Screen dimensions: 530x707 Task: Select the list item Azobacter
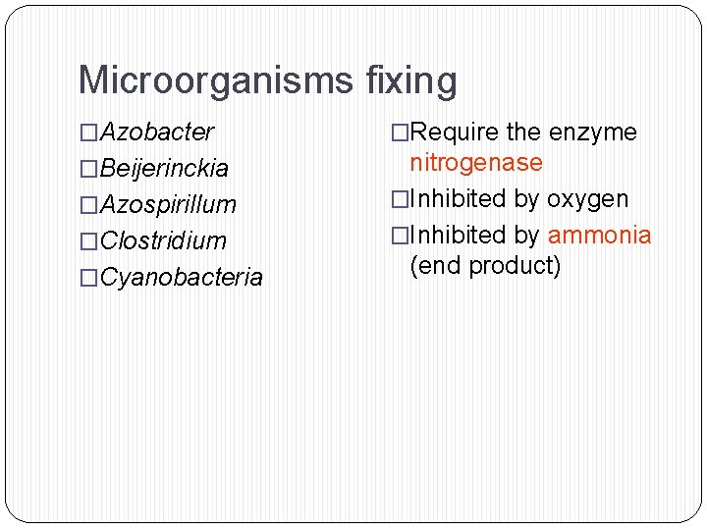pos(157,132)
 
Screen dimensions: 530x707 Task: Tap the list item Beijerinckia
pos(165,168)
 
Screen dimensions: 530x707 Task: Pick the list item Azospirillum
pos(169,204)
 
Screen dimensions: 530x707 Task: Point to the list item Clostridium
pos(163,240)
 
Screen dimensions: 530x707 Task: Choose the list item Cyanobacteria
pos(182,277)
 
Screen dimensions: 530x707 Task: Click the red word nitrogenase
pos(476,162)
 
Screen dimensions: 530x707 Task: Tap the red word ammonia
pos(599,235)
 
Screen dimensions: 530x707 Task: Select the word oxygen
pos(587,198)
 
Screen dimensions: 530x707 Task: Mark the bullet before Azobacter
pos(89,132)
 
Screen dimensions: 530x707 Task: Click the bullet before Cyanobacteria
pos(89,278)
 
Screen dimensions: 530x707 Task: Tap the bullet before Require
pos(400,132)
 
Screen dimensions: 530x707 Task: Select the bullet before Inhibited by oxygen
pos(400,199)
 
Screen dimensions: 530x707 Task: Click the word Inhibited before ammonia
pos(457,235)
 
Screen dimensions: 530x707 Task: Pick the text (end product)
pos(485,265)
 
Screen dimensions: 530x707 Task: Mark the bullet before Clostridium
pos(89,241)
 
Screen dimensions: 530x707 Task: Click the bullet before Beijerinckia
pos(89,169)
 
